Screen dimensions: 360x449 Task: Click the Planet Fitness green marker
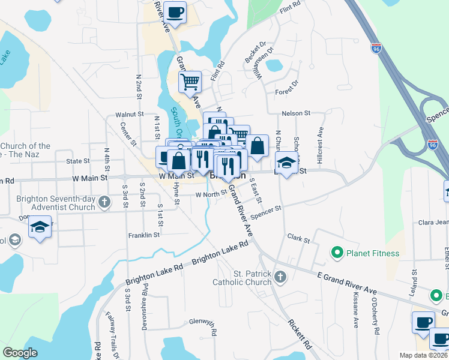(x=337, y=253)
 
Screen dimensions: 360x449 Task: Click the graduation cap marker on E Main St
(x=286, y=162)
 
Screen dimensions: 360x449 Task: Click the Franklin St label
(x=144, y=236)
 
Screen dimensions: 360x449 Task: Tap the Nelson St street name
(x=296, y=113)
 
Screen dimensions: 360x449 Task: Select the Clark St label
(x=298, y=239)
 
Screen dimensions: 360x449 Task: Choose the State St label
(x=77, y=161)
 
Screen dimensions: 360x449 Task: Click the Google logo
(x=20, y=353)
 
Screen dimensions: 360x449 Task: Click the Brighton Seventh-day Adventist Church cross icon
(x=104, y=202)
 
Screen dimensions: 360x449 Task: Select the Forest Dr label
(x=287, y=88)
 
